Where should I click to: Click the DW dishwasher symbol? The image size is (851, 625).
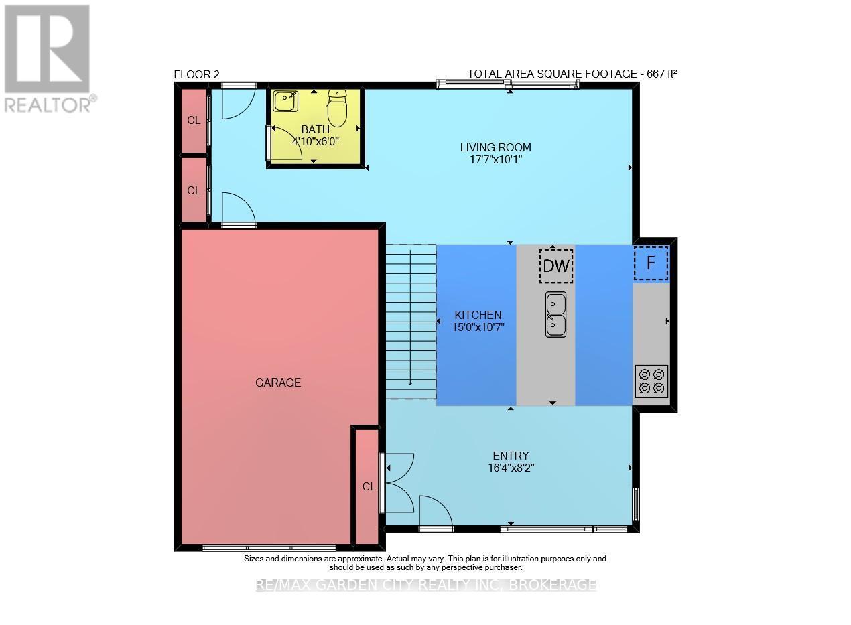(x=555, y=266)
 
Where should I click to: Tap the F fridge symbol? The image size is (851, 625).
(x=651, y=263)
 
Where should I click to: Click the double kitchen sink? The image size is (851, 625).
(x=555, y=314)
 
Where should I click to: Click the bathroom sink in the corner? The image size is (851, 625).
(x=285, y=101)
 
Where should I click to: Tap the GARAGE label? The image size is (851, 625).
(x=278, y=383)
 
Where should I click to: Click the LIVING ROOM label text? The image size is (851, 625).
(x=495, y=147)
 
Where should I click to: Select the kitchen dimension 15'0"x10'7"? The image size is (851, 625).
(x=478, y=327)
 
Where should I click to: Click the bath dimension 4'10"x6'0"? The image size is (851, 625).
(x=316, y=141)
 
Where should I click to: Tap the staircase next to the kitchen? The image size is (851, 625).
(x=410, y=321)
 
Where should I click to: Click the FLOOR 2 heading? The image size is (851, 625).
(x=196, y=74)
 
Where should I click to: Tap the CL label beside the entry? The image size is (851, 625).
(x=369, y=487)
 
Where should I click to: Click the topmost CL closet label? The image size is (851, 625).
(x=194, y=121)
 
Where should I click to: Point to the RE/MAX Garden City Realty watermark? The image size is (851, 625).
(x=426, y=585)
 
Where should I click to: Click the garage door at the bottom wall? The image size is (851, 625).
(x=269, y=547)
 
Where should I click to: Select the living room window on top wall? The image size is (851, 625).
(x=508, y=84)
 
